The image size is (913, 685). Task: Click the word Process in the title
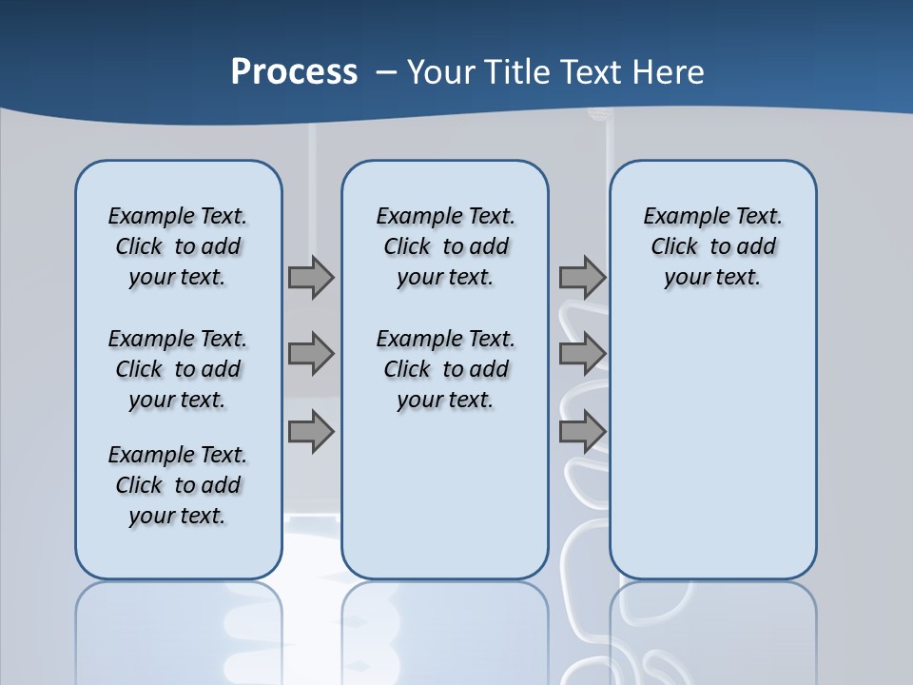click(x=294, y=72)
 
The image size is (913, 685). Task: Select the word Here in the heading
click(x=670, y=72)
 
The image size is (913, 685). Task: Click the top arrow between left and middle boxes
click(x=311, y=277)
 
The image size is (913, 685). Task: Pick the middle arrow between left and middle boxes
click(x=311, y=354)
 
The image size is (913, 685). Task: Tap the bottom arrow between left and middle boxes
click(x=311, y=432)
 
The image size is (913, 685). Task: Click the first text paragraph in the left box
click(x=178, y=246)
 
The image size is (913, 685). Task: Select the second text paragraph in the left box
click(x=178, y=369)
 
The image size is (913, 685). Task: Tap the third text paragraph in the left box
click(x=178, y=485)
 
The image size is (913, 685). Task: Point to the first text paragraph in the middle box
click(x=445, y=246)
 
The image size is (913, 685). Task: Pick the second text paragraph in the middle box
click(x=445, y=369)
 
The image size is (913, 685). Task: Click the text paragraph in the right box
click(x=712, y=246)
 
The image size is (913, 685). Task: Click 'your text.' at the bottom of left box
click(x=178, y=516)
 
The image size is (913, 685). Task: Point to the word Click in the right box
click(x=674, y=247)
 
